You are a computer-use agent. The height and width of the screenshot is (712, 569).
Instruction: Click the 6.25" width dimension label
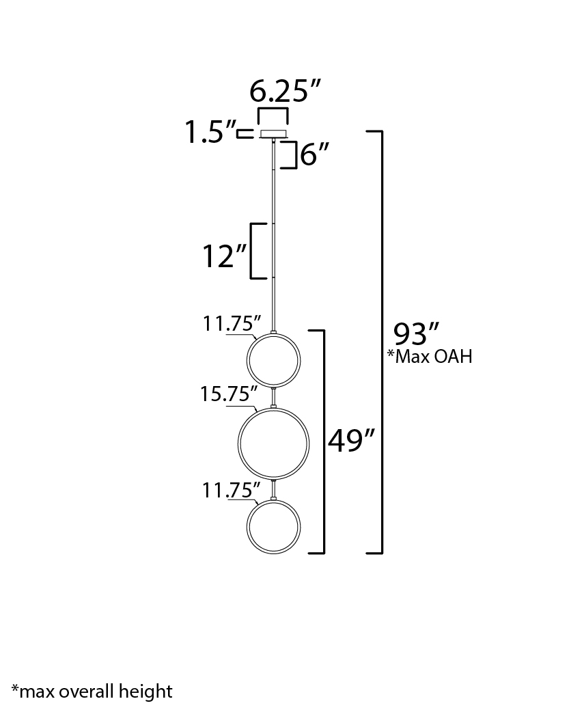click(x=285, y=91)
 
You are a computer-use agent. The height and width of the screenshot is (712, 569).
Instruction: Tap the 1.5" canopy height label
click(x=210, y=132)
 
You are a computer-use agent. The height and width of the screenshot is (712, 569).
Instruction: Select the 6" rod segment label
click(x=315, y=154)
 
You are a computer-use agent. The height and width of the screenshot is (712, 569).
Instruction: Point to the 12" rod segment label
click(x=224, y=256)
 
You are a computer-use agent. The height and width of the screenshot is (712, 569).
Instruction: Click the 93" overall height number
click(x=416, y=334)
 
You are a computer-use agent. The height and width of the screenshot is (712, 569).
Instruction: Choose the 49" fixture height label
click(x=351, y=440)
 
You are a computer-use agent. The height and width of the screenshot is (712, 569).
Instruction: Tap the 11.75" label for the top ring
click(x=232, y=324)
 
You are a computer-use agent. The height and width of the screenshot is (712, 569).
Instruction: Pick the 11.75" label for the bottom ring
click(x=231, y=491)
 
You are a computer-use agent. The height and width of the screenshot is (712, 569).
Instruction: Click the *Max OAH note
click(x=430, y=357)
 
